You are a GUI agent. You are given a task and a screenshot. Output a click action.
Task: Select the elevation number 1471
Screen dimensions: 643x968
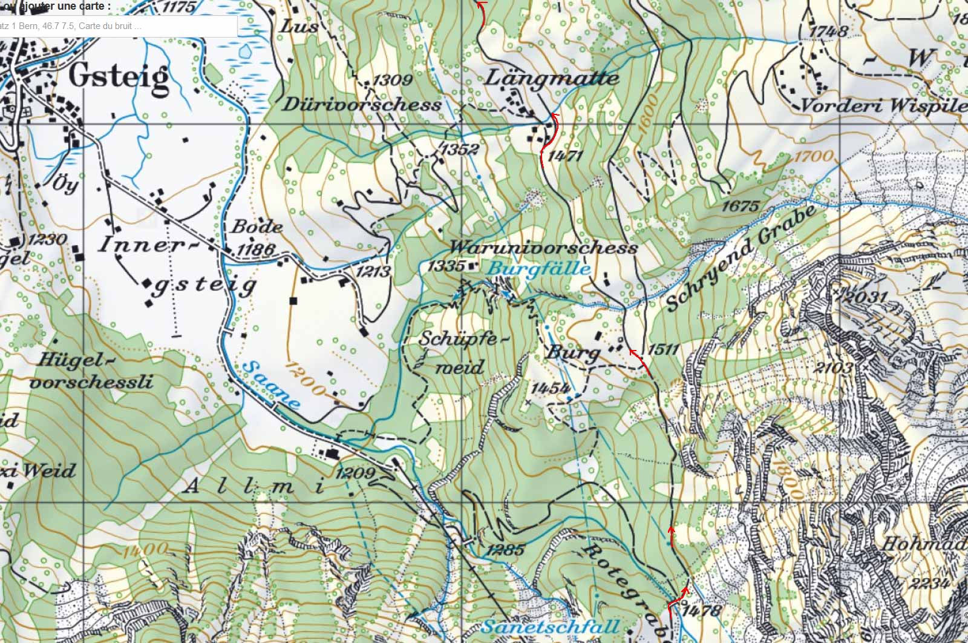point(565,156)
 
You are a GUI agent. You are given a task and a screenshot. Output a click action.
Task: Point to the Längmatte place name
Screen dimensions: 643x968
point(552,79)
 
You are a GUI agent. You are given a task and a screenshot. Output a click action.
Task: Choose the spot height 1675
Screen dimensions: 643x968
point(740,206)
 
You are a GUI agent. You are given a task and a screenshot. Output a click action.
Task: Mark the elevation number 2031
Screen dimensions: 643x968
point(866,297)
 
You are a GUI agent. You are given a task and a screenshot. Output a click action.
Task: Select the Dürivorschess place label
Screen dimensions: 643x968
point(362,104)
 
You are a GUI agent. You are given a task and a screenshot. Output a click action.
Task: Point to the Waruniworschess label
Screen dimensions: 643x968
point(543,248)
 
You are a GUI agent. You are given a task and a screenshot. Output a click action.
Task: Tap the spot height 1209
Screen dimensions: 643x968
point(355,473)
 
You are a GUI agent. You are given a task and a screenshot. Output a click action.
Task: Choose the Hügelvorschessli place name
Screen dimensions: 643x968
point(91,371)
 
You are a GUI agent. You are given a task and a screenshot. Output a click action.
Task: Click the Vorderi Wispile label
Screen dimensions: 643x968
point(883,105)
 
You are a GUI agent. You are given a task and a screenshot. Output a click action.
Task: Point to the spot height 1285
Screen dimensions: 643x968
point(505,550)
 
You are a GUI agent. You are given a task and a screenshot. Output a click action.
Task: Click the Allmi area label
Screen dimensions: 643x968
point(254,486)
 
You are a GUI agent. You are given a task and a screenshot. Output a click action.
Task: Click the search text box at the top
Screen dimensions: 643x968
point(118,26)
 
